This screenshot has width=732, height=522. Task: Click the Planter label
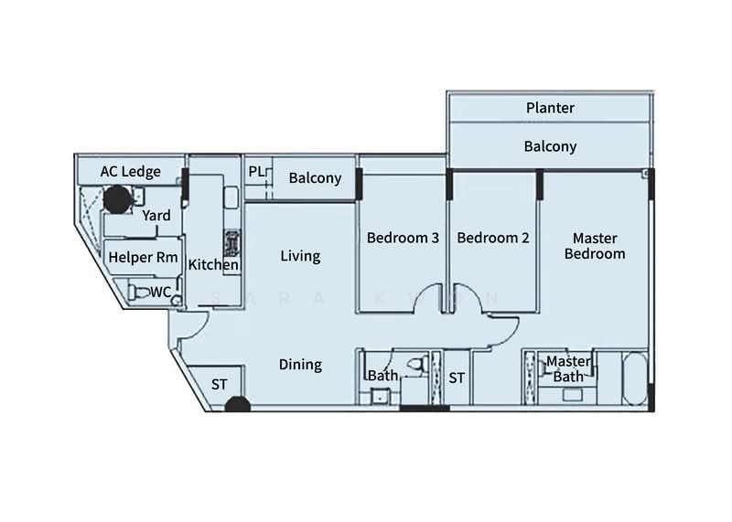coord(550,108)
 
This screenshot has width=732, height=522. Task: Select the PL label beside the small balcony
coord(256,172)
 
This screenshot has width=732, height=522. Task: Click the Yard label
coord(156,215)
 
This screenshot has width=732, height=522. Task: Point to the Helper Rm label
coord(143,258)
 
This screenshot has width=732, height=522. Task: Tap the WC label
coord(160,292)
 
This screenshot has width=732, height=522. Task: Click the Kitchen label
coord(213,265)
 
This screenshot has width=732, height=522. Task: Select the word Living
coord(300,256)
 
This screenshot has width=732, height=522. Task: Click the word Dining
coord(300,365)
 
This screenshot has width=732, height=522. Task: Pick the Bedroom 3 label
coord(403,238)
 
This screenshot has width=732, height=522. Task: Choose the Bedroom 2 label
coord(493,238)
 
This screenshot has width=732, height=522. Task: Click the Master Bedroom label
coord(595,246)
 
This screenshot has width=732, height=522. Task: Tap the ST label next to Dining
coord(220,385)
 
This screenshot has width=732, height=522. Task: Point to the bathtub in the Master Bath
coord(633,377)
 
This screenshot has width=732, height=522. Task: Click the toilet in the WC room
coord(138,293)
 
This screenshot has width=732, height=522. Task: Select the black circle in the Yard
coord(115,198)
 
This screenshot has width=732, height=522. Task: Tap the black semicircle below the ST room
coord(237,404)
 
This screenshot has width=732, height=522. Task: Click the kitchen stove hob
coord(231,244)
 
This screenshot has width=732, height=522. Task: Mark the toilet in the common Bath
coord(416,365)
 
